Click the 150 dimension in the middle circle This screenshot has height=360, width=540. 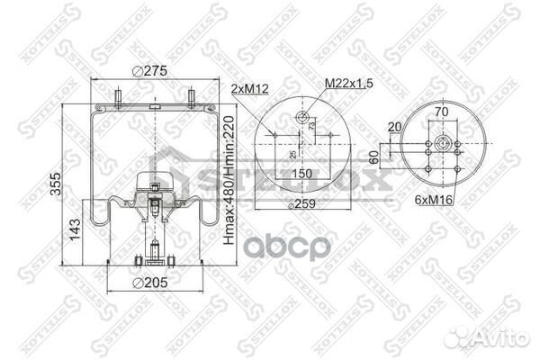point(301,173)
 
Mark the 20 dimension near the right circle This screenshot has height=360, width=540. point(394,127)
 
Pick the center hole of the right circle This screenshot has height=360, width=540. point(445,144)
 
